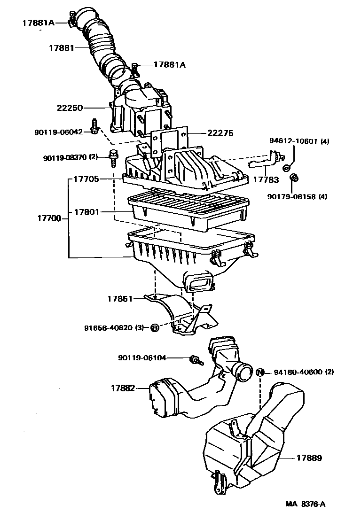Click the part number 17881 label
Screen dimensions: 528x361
point(62,47)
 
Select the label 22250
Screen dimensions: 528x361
point(70,108)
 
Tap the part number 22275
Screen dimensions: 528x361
point(220,133)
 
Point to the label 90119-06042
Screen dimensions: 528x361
point(58,132)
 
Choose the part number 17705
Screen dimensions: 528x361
point(86,179)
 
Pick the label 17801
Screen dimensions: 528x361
point(86,212)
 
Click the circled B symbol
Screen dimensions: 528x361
point(154,328)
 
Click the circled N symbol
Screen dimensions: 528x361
point(260,372)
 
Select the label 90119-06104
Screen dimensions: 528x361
point(142,358)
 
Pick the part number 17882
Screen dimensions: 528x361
point(123,388)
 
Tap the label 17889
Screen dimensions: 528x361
point(309,457)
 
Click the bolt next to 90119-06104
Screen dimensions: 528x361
point(195,360)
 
